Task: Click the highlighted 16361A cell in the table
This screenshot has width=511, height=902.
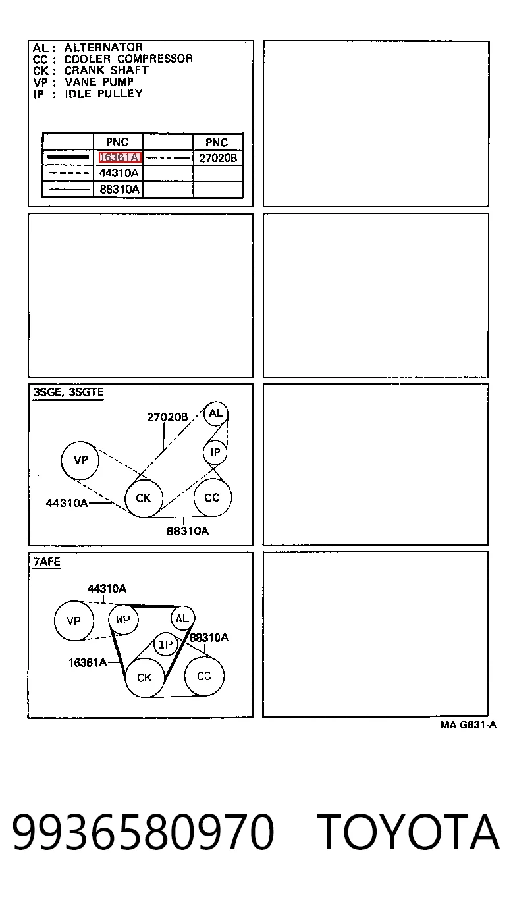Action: pyautogui.click(x=120, y=157)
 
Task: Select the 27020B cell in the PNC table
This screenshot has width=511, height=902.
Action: pyautogui.click(x=218, y=158)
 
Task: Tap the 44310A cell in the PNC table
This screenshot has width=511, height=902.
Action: pyautogui.click(x=119, y=173)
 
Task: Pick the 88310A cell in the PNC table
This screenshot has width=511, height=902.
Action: pyautogui.click(x=119, y=189)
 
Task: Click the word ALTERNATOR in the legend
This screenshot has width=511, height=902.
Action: pyautogui.click(x=103, y=47)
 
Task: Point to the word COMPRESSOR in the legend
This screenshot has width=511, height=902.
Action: pyautogui.click(x=155, y=59)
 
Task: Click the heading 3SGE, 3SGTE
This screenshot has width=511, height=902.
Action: pyautogui.click(x=68, y=392)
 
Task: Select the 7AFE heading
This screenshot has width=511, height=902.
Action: pyautogui.click(x=47, y=562)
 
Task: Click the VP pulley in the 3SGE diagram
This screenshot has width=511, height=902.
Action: pyautogui.click(x=80, y=460)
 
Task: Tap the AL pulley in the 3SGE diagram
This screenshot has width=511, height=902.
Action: pyautogui.click(x=216, y=413)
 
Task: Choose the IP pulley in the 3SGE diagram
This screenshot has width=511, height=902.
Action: pyautogui.click(x=215, y=452)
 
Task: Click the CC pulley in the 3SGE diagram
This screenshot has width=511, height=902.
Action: pyautogui.click(x=212, y=498)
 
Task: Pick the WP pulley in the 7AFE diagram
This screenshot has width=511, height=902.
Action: pyautogui.click(x=123, y=620)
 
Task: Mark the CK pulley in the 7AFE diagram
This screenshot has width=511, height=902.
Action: pyautogui.click(x=145, y=677)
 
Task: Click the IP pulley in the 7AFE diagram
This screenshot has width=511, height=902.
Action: pyautogui.click(x=165, y=645)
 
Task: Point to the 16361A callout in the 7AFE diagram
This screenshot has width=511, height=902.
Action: pyautogui.click(x=88, y=662)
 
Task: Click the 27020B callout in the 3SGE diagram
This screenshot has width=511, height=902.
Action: pyautogui.click(x=167, y=417)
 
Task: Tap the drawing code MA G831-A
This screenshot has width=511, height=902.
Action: pyautogui.click(x=468, y=725)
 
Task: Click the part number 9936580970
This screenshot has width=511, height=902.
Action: pyautogui.click(x=144, y=832)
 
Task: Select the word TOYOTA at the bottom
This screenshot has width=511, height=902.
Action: pyautogui.click(x=408, y=832)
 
